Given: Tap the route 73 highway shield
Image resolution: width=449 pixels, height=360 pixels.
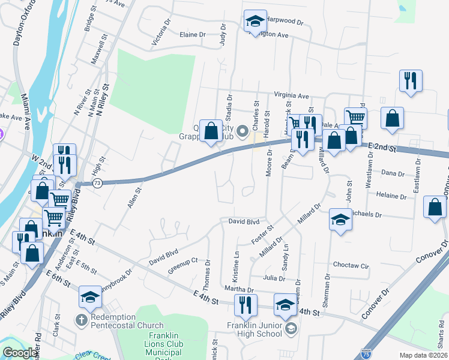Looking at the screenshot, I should tap(97, 182).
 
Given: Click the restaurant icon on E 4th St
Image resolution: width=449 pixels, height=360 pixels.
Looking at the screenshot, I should tap(246, 306).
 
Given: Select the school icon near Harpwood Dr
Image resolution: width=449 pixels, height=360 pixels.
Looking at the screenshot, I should tap(255, 22).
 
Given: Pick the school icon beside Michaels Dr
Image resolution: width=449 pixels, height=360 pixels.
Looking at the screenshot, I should tap(340, 220).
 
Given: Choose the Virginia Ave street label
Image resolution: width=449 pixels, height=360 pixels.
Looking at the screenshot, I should tap(291, 95).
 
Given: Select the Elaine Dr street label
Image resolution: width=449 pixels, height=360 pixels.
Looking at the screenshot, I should tap(193, 35).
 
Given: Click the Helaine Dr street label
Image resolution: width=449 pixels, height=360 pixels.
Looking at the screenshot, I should tap(391, 195).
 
